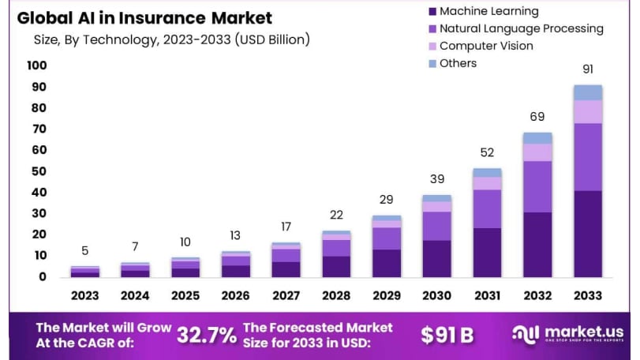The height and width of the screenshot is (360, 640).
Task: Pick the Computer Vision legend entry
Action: point(486,46)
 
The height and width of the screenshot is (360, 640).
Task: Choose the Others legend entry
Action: point(458,63)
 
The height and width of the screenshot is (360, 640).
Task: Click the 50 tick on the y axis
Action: point(39,171)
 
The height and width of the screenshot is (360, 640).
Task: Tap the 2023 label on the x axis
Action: point(85,295)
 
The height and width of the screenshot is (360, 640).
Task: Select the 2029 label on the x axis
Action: point(387,295)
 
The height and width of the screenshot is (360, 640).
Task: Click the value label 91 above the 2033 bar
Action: point(588,69)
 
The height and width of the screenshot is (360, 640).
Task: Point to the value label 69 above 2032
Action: point(537,117)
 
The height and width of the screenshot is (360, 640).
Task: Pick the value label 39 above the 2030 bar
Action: point(436,180)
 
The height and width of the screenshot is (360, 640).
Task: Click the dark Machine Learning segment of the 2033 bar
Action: point(588,234)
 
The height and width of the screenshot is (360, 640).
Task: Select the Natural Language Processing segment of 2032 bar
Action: point(537,186)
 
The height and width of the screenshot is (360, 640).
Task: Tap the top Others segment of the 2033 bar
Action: point(588,92)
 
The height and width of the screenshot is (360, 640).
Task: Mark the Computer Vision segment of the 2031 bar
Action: point(487,183)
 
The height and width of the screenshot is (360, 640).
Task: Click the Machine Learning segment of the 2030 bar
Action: point(436,258)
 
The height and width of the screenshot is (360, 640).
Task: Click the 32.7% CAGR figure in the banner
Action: point(206,335)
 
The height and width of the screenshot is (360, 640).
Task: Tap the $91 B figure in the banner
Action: point(447,335)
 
